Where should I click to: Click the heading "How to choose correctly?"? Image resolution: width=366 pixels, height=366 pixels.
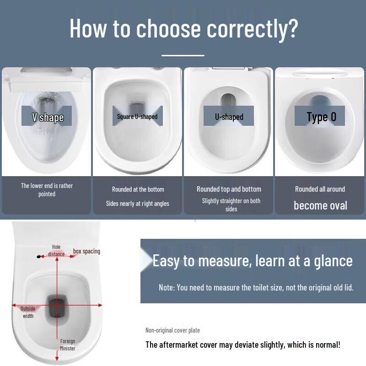183,28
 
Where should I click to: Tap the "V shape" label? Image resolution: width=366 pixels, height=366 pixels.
47,117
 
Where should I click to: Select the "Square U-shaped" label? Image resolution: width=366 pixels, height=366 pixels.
137,117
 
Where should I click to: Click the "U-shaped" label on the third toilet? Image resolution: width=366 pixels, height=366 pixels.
229,117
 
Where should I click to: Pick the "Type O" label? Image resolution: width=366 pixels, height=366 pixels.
321,117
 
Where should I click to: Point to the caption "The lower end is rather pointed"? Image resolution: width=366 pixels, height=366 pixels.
47,190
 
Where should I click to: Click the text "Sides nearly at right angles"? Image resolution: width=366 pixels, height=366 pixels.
137,204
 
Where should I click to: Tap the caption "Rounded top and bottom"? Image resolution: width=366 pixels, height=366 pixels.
229,189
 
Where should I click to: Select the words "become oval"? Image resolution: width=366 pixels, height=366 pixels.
320,205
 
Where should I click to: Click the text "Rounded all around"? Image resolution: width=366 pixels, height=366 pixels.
320,189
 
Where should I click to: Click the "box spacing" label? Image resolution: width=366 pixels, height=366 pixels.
86,251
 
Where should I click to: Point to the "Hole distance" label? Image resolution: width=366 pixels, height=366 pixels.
56,251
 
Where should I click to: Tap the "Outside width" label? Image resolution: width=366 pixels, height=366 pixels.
28,312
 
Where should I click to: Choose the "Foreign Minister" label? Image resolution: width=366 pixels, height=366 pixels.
68,344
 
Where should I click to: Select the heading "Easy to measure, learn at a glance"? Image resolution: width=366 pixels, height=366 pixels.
252,260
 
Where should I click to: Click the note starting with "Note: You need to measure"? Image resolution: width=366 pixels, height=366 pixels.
256,287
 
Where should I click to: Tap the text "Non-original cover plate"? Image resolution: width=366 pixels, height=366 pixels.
172,330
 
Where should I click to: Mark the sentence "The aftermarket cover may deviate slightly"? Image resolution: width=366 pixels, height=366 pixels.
242,344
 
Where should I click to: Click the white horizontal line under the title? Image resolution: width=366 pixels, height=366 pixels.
183,55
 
